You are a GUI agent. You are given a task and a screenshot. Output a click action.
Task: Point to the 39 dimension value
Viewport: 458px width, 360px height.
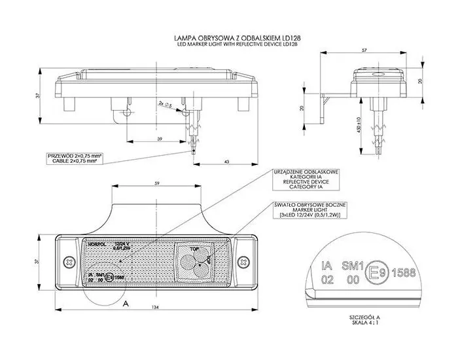click(x=160, y=139)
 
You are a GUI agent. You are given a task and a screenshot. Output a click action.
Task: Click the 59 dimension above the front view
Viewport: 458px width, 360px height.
click(x=156, y=183)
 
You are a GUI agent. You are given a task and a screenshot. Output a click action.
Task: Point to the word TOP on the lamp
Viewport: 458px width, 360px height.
click(x=194, y=249)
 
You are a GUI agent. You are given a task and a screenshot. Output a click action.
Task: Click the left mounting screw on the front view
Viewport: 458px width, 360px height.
click(x=67, y=262)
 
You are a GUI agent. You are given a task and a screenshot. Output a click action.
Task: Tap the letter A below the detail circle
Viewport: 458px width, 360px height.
click(x=125, y=304)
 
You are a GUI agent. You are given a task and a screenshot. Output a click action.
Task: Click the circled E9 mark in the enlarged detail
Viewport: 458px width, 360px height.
click(x=375, y=270)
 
